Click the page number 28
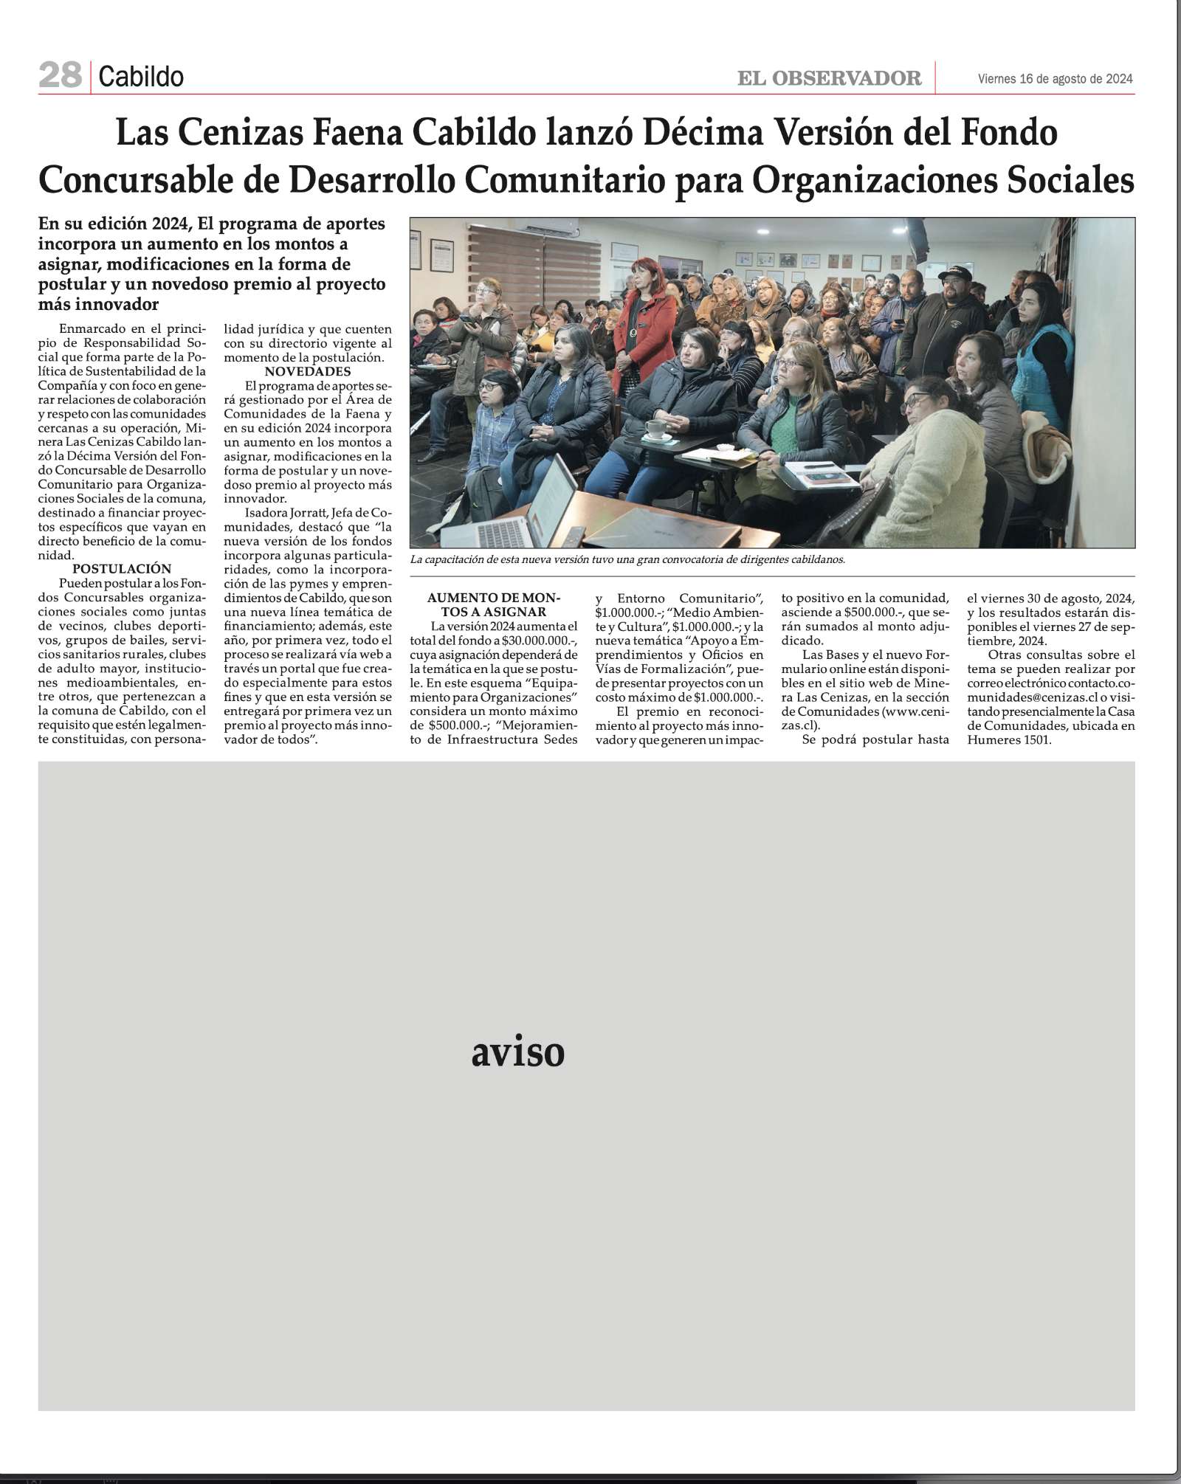(60, 75)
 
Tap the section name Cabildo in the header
(141, 77)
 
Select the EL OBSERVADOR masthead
(829, 78)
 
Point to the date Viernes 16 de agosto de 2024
(1055, 79)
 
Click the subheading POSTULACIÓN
(122, 569)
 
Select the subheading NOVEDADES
(308, 371)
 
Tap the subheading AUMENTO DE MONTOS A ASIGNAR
(494, 604)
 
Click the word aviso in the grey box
(517, 1053)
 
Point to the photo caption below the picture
(627, 559)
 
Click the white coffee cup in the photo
(655, 429)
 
